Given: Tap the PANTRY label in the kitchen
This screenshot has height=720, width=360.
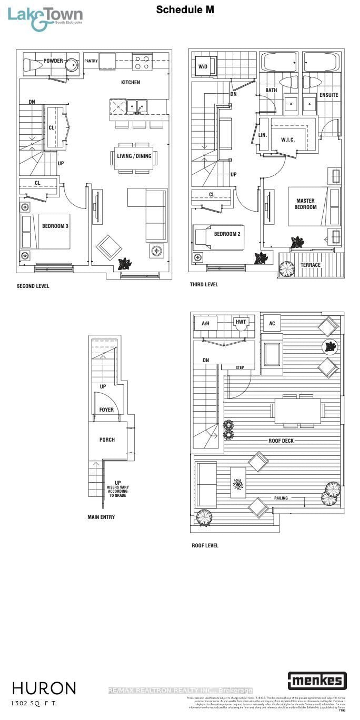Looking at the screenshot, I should [x=91, y=61].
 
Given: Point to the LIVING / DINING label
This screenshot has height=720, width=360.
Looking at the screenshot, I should [x=134, y=156].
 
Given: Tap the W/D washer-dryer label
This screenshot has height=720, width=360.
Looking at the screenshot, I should [x=203, y=67].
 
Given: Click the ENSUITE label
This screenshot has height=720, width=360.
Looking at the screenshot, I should [x=329, y=95].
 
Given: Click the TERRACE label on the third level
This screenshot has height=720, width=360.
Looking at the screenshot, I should [x=310, y=265].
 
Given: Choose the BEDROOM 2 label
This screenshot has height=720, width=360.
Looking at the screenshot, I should [x=227, y=234].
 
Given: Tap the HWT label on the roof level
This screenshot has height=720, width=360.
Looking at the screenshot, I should [x=241, y=322].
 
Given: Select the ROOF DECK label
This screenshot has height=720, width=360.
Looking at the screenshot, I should [x=281, y=441].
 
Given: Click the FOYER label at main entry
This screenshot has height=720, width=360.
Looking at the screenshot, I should [x=106, y=410].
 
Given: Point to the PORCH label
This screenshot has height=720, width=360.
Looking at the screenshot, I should [x=107, y=440].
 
